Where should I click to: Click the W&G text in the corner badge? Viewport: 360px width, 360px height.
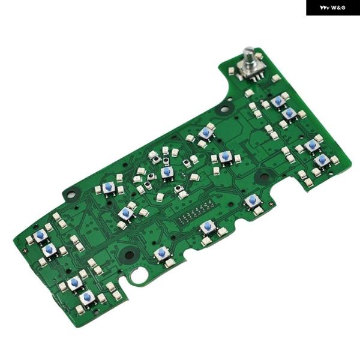click(x=338, y=8)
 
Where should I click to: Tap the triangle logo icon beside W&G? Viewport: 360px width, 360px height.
click(x=325, y=8)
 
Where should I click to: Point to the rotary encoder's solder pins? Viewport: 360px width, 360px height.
click(x=257, y=78)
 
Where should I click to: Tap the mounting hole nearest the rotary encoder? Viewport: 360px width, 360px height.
click(x=225, y=108)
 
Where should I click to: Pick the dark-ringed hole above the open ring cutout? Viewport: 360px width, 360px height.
click(x=130, y=254)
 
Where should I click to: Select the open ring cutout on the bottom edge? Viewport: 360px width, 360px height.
click(x=137, y=275)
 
